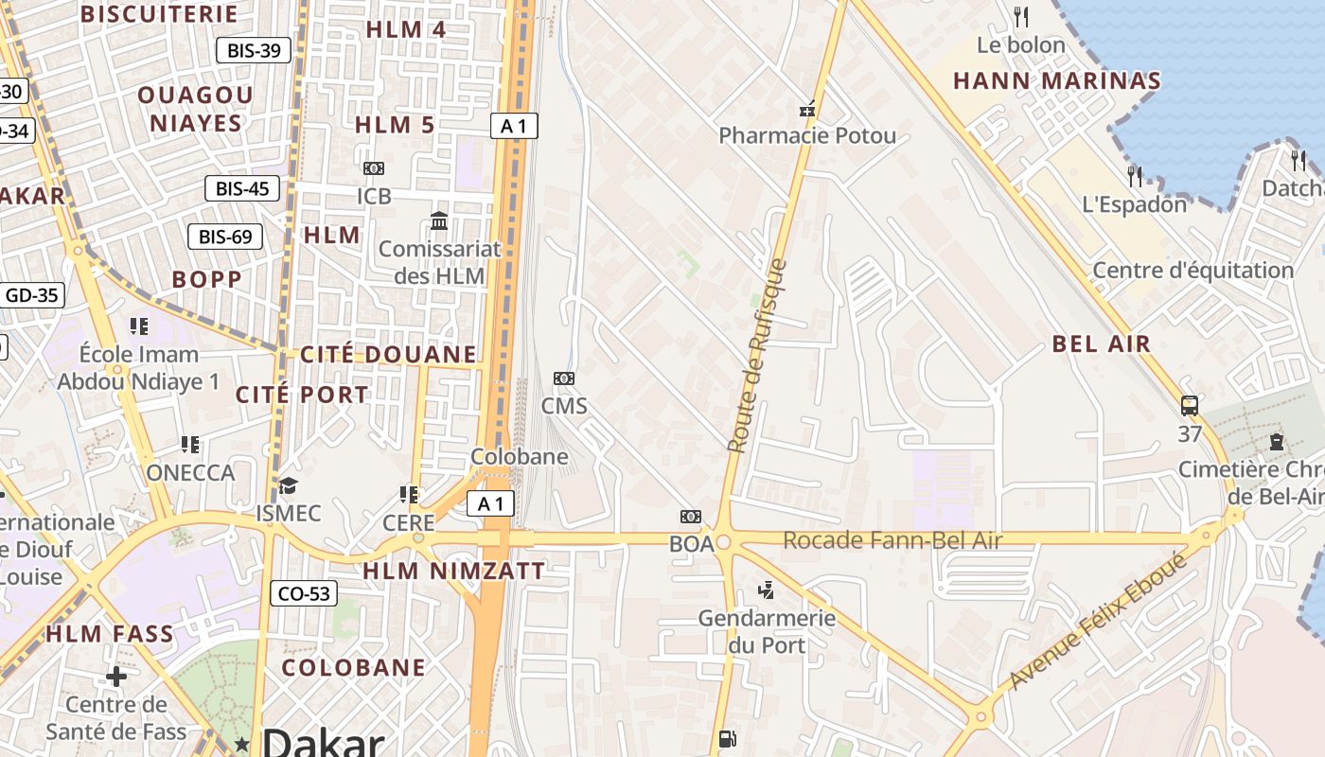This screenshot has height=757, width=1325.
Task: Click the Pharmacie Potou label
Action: (806, 135)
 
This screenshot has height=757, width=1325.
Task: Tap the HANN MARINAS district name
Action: (1056, 80)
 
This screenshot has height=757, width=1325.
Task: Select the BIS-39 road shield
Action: (254, 50)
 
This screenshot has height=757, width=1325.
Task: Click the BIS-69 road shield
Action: (225, 237)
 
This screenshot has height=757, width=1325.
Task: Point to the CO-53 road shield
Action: (304, 594)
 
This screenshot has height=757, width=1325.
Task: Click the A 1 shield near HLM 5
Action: (514, 126)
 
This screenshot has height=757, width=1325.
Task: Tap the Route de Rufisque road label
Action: (757, 355)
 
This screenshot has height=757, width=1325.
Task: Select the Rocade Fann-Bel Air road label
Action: (892, 540)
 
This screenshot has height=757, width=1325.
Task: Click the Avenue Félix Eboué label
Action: (1098, 622)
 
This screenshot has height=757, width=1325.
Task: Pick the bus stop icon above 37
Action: (1190, 406)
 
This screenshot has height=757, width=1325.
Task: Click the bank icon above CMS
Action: (564, 378)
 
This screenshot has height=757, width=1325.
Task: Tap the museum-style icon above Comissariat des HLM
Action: (439, 221)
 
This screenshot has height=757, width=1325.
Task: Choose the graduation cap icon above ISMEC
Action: (288, 485)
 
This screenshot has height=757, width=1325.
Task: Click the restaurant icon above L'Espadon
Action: (1135, 176)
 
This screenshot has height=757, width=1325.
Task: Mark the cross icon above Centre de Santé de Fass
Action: (116, 677)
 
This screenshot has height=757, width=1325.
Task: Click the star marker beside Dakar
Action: (242, 745)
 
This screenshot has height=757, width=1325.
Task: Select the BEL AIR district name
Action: (1102, 343)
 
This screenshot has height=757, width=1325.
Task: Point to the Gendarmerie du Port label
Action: (767, 631)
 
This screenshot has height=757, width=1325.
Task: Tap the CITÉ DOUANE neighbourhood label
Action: (388, 355)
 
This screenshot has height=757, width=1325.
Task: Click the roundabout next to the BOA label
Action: (725, 542)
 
